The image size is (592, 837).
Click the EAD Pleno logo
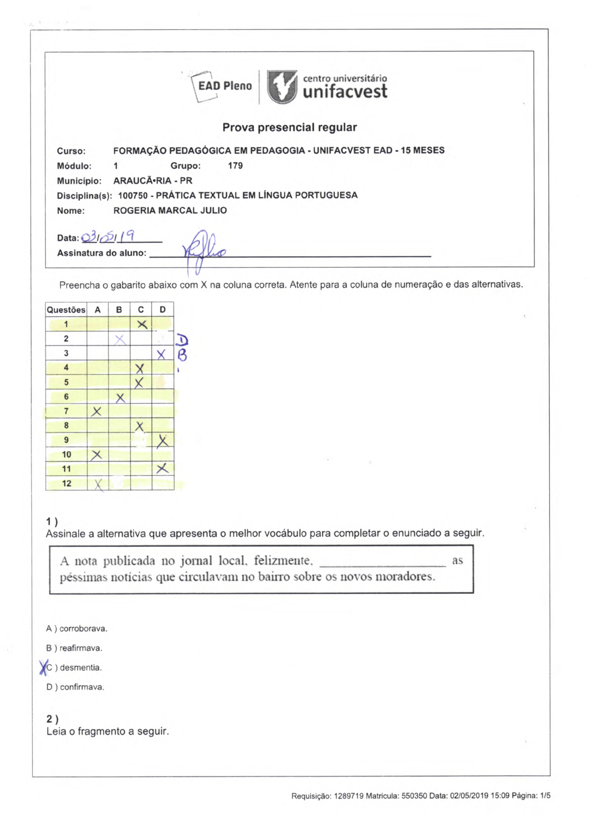coord(222,86)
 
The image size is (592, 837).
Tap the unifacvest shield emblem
coord(282,86)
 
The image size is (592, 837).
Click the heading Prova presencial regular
coord(290,127)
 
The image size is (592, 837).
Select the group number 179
coord(235,166)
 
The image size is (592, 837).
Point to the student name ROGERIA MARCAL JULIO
coord(170,210)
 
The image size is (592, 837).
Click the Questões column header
coord(66,310)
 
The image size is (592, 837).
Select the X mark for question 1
coord(142,324)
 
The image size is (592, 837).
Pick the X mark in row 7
coord(97,411)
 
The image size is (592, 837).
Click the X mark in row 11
coord(162,468)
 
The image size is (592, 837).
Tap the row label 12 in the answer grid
coord(67,483)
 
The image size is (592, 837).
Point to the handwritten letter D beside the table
coord(183,340)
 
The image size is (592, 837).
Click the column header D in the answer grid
coord(163,310)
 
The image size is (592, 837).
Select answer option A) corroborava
coord(77,628)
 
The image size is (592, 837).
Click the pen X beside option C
coord(43,667)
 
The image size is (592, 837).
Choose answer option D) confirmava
coord(75,687)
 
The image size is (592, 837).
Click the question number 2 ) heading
coord(52,719)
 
